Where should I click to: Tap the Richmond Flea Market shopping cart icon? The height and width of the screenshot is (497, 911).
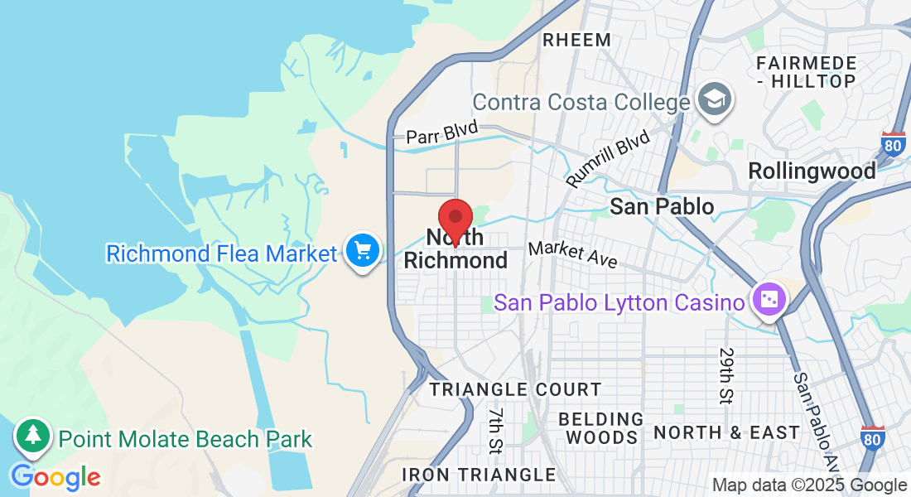pos(363,249)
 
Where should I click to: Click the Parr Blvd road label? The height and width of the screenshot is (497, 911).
pos(441,133)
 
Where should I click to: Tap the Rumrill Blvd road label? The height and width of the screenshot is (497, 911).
pos(607,157)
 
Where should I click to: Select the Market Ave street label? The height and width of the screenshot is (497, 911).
pos(572,254)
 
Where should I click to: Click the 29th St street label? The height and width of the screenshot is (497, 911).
pos(726,375)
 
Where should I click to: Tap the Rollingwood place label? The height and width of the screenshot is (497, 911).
pos(812,171)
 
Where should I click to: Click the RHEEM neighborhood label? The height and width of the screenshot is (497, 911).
pos(576,40)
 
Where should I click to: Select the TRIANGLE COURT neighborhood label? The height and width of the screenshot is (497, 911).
pos(515,389)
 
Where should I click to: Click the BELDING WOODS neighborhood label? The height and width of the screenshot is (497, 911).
pos(601,428)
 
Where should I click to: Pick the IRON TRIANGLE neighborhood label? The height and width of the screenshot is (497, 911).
pos(479,475)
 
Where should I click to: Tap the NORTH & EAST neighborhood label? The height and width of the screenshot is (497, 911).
pos(726,432)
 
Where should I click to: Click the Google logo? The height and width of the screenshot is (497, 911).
pos(55,477)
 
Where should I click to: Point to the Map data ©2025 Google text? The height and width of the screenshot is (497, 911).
pos(809,485)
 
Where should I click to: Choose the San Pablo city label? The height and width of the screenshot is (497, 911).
pos(662,206)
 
